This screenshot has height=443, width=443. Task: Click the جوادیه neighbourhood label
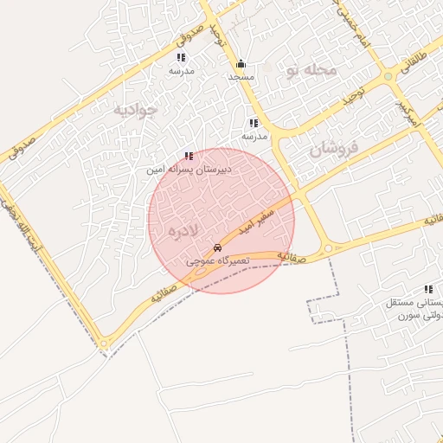(136, 110)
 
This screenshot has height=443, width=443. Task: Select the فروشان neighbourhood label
(332, 149)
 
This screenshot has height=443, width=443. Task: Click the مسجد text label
(241, 78)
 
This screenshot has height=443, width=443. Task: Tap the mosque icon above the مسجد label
(241, 64)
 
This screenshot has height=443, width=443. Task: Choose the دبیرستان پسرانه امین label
(189, 171)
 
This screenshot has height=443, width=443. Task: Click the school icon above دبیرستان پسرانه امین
(189, 157)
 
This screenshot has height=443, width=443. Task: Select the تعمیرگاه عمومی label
(217, 260)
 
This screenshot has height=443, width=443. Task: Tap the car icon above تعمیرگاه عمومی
(216, 247)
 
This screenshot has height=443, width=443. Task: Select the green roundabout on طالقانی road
(388, 76)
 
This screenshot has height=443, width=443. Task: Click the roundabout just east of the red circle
(328, 249)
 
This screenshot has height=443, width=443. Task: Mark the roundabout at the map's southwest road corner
(105, 344)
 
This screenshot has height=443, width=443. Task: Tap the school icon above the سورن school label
(427, 289)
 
